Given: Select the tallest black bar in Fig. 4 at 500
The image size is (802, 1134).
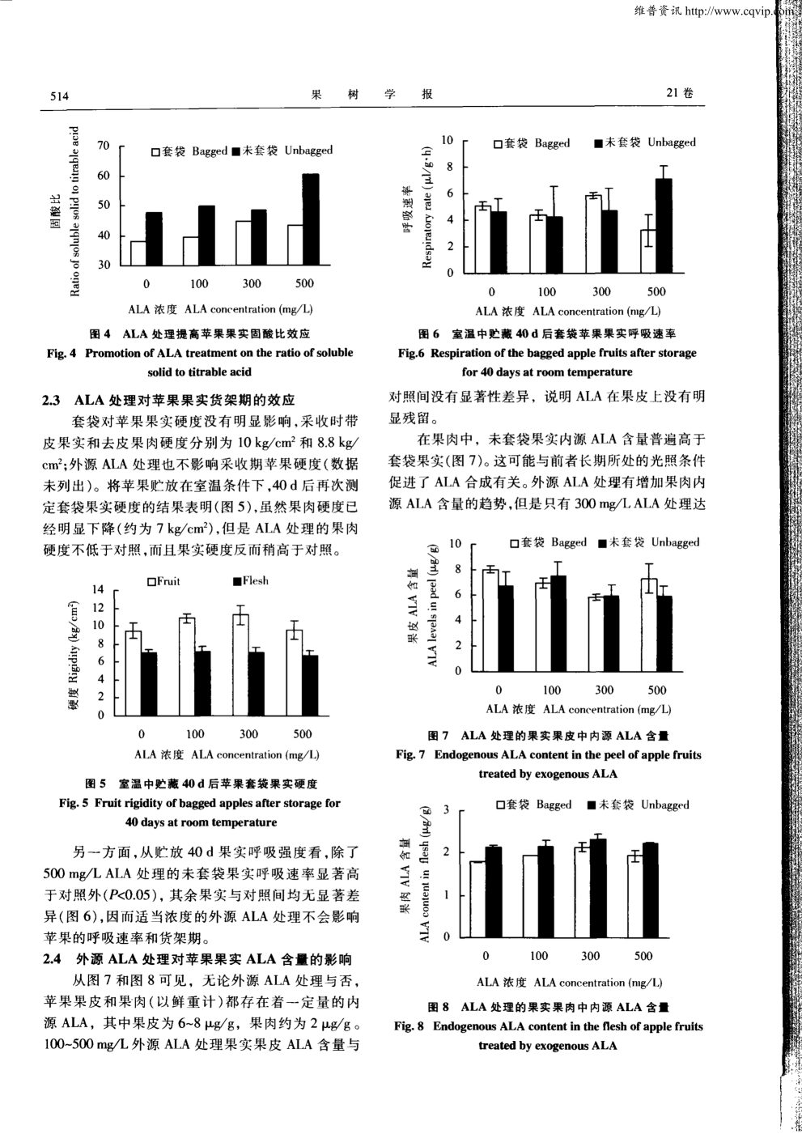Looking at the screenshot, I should [x=310, y=219].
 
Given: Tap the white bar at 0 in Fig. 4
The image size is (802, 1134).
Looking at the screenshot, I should [x=138, y=253].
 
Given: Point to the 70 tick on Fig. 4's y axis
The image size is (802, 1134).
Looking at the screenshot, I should [x=103, y=146].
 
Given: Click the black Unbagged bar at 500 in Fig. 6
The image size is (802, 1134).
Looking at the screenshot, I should [x=664, y=225].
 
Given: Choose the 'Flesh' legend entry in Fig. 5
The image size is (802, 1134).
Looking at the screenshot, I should [x=251, y=581].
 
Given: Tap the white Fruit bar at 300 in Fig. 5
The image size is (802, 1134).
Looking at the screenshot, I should [x=241, y=665].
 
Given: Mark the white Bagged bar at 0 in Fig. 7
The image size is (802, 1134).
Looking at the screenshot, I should [x=490, y=620].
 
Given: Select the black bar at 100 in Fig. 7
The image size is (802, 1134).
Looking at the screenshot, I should [x=558, y=623].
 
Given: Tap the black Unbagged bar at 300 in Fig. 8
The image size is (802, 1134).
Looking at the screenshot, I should [x=598, y=888].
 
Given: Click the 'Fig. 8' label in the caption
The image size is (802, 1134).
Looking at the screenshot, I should [x=409, y=1026].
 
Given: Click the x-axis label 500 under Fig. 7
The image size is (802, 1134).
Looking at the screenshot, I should [x=657, y=690].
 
